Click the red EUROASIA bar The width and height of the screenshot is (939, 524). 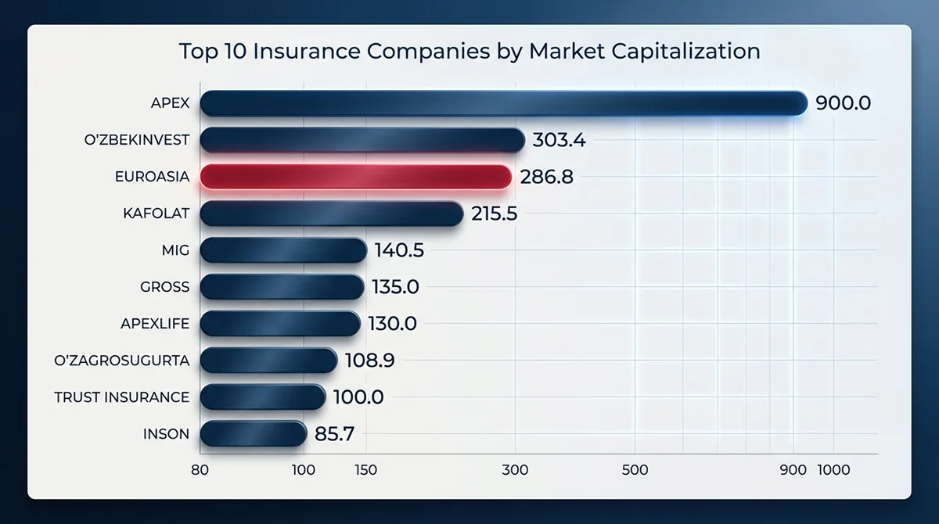point(356,177)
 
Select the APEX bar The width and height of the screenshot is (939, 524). point(503,103)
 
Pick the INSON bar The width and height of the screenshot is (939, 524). point(253,434)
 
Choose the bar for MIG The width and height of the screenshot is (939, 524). point(283,250)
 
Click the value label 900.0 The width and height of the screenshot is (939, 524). point(843,103)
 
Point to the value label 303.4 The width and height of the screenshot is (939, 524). point(559,141)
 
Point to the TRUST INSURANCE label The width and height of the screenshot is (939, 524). point(122,397)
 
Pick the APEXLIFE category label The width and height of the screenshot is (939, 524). point(155,324)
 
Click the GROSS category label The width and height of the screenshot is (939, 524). point(165,287)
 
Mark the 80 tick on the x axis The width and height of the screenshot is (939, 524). point(200,470)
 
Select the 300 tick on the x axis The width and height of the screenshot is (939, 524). point(515,470)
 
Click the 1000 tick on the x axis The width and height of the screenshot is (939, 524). point(833,470)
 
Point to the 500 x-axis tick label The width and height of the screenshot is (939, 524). point(635,470)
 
